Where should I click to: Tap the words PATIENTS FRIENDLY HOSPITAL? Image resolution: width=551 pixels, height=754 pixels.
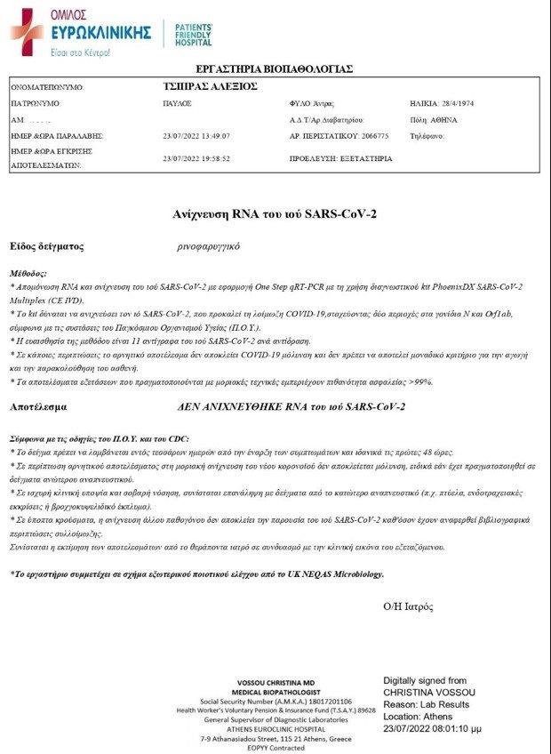193,35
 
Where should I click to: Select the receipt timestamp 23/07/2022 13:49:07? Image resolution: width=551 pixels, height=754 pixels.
196,136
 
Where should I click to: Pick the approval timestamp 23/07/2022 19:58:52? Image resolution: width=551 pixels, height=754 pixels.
196,158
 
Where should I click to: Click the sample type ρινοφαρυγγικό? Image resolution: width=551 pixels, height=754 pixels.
209,246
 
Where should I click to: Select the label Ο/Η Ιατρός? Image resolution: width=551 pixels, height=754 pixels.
408,606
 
